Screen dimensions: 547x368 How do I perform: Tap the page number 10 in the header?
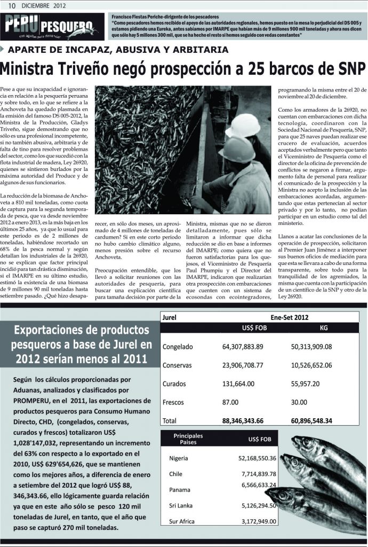[11, 5]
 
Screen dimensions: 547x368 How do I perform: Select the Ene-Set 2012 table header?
[289, 317]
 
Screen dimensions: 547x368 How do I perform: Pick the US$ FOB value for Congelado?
[243, 347]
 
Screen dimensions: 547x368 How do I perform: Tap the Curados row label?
[174, 384]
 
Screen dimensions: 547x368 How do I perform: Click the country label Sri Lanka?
[181, 505]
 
